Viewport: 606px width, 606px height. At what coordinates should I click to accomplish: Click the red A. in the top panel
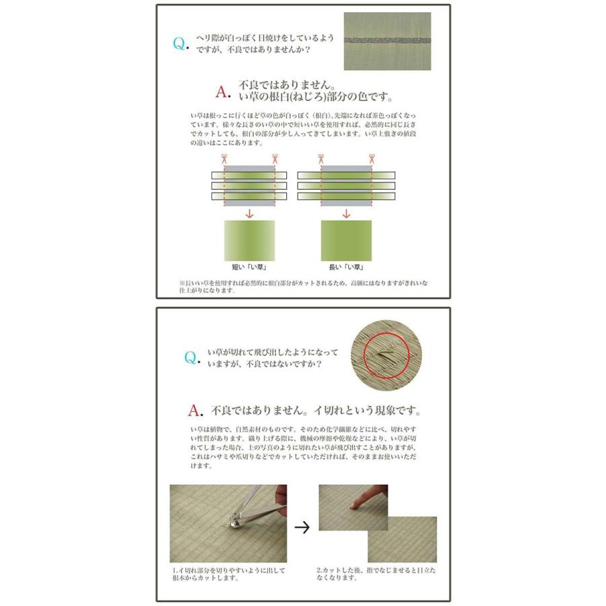tap(224, 92)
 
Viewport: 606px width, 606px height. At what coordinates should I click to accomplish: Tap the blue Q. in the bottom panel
tap(192, 358)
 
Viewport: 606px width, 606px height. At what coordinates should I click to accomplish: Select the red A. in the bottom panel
tap(195, 411)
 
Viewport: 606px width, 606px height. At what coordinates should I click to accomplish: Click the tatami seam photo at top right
tap(387, 41)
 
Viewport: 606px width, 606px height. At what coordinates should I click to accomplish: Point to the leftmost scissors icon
tap(224, 158)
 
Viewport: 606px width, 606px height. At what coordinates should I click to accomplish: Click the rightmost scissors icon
tap(372, 158)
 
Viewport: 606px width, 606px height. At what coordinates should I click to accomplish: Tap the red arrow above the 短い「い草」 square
tap(250, 213)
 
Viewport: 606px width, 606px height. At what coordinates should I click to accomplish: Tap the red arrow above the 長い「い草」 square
tap(346, 213)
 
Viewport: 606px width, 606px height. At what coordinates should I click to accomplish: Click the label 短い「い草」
tap(249, 267)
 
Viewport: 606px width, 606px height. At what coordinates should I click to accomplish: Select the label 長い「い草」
tap(346, 267)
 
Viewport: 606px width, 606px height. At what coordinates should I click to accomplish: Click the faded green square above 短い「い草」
tap(250, 241)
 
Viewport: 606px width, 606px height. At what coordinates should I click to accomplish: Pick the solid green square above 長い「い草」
tap(346, 241)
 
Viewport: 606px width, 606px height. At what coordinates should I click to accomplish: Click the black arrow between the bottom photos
tap(302, 527)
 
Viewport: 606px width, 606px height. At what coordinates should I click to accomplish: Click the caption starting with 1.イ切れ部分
tap(229, 574)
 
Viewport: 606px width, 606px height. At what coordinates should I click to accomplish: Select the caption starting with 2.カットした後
tap(376, 574)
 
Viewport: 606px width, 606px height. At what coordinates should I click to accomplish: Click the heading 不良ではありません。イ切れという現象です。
tap(316, 411)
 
